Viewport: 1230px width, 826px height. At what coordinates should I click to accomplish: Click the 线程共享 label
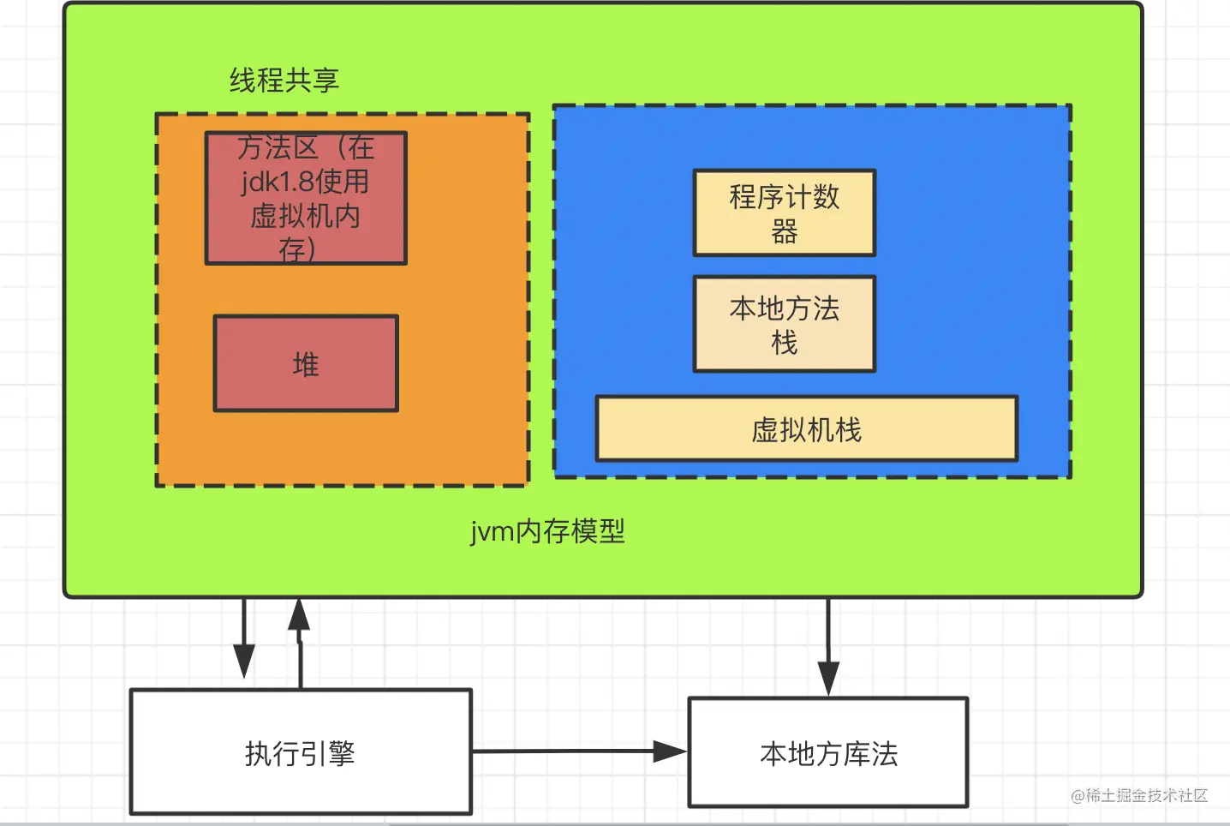click(x=284, y=81)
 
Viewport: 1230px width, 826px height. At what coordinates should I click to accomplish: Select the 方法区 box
click(x=306, y=198)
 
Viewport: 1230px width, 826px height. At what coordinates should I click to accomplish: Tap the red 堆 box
click(x=306, y=364)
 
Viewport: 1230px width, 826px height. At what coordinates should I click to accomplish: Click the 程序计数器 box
click(x=784, y=212)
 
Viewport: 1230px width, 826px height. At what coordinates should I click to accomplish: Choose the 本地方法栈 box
click(x=784, y=324)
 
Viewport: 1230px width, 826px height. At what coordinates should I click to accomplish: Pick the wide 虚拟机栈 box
click(x=806, y=428)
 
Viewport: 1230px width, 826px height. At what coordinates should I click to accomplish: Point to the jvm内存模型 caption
click(x=547, y=531)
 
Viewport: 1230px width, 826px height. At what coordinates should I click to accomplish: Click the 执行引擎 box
click(x=301, y=752)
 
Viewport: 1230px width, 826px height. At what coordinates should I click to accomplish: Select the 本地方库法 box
click(x=828, y=752)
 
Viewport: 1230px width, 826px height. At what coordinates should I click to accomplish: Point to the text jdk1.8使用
click(x=305, y=182)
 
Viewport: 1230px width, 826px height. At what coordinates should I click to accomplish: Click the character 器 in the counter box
click(x=784, y=231)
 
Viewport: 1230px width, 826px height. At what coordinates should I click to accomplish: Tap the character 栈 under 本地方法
click(x=784, y=343)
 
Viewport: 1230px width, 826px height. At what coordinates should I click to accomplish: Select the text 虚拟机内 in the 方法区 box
click(x=305, y=216)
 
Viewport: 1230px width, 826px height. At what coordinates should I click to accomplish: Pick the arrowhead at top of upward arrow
click(x=299, y=614)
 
